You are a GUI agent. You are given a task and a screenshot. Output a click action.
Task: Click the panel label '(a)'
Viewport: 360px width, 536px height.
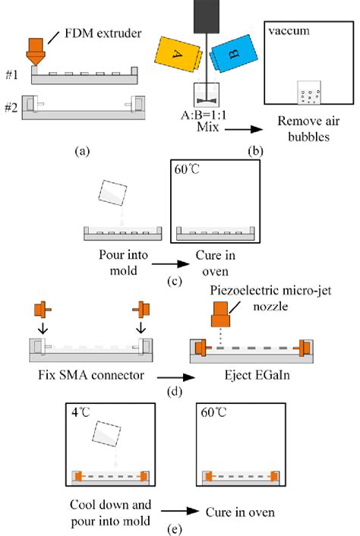tap(82, 150)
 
